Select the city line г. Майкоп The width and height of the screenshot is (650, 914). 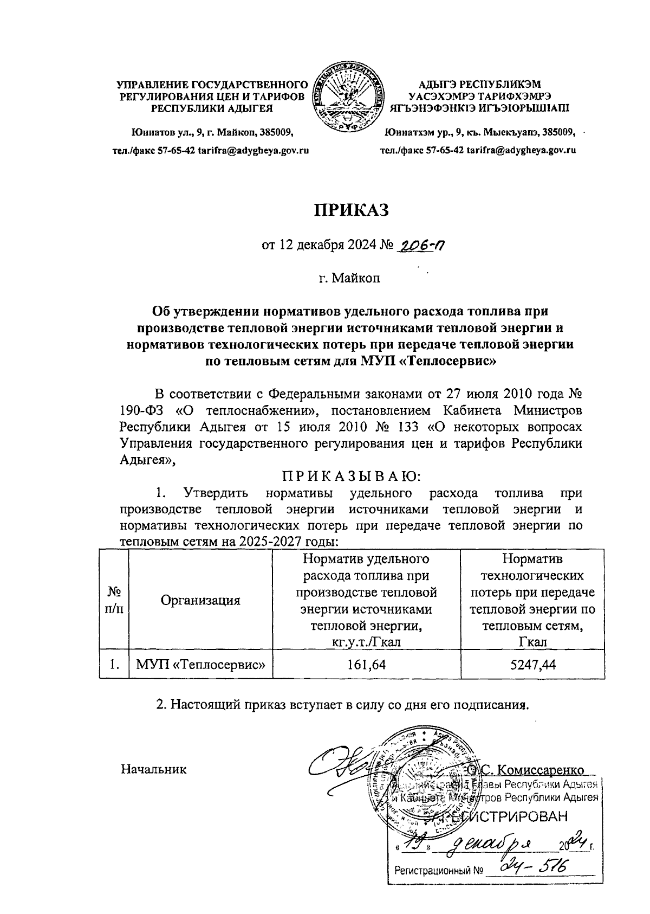[x=349, y=279]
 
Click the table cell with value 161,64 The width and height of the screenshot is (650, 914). [x=368, y=665]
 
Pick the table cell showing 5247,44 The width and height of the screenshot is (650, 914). [x=532, y=665]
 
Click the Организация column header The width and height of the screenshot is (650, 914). [x=200, y=600]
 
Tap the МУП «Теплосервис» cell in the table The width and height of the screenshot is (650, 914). [x=200, y=665]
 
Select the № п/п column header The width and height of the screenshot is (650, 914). [x=113, y=600]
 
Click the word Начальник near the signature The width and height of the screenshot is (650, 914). [x=154, y=769]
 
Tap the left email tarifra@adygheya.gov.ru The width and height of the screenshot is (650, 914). [x=253, y=150]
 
